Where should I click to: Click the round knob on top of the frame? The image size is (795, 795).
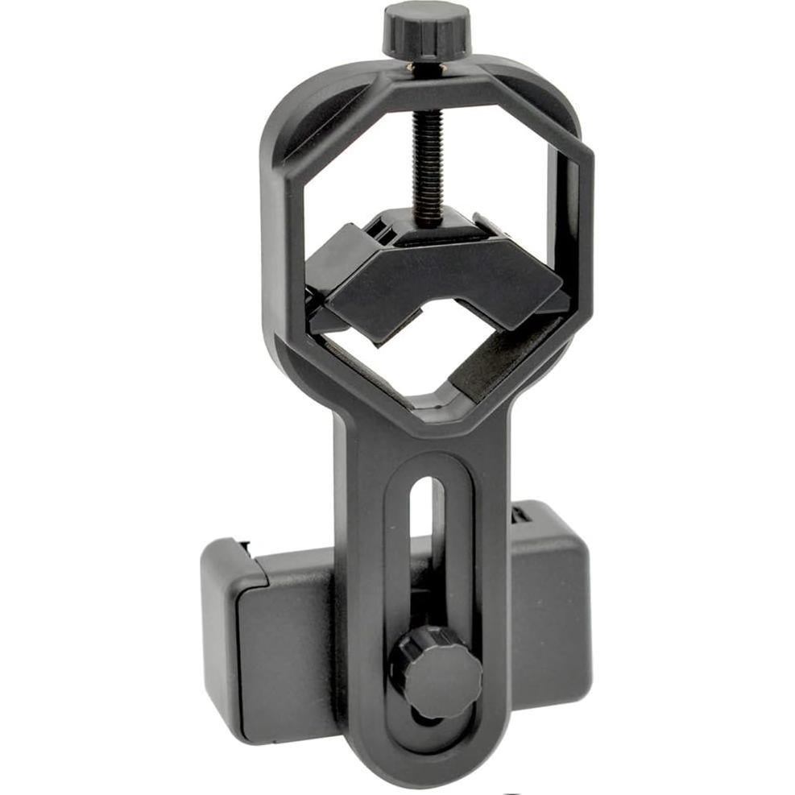click(x=426, y=29)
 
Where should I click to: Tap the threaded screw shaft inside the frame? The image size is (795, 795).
click(x=424, y=161)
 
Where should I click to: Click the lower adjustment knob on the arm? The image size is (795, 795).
click(x=436, y=672)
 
